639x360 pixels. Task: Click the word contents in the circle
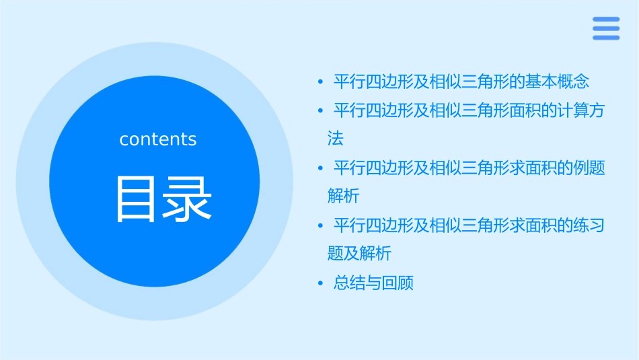click(x=158, y=139)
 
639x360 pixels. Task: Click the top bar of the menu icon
click(x=605, y=20)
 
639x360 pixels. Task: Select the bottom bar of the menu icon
click(x=605, y=38)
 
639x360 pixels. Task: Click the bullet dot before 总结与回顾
click(x=321, y=283)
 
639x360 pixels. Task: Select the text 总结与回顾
click(x=373, y=283)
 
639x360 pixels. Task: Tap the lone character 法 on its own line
click(x=335, y=139)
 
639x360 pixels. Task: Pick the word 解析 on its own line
click(x=343, y=196)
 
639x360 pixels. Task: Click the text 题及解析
click(x=359, y=254)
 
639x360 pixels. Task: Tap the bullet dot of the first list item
click(x=321, y=82)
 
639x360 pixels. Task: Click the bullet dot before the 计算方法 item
click(x=321, y=111)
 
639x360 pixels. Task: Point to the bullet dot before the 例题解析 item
click(x=321, y=168)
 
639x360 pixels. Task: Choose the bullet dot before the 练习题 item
click(x=321, y=225)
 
